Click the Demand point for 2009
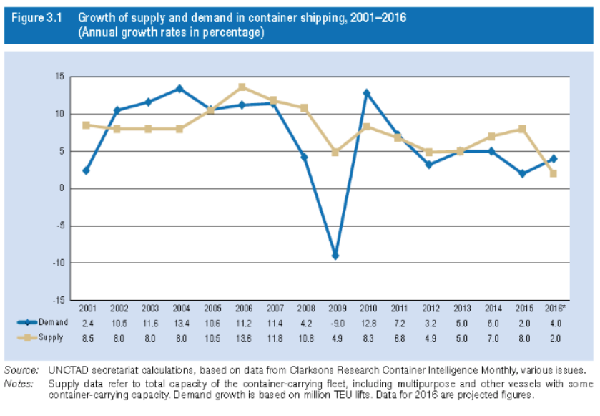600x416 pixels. click(335, 256)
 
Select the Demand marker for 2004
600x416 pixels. click(179, 89)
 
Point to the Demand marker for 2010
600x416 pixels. click(366, 93)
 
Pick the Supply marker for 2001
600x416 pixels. click(86, 125)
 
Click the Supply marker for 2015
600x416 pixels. click(522, 129)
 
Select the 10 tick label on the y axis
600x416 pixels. click(60, 114)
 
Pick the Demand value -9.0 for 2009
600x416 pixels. click(335, 323)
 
